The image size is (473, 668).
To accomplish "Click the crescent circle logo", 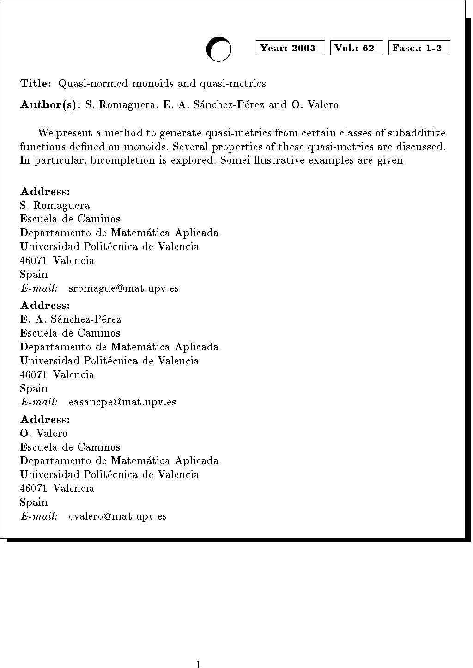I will tap(218, 49).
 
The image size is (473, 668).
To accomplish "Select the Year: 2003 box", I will tap(290, 48).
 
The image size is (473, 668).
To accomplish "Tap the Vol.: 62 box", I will tap(356, 48).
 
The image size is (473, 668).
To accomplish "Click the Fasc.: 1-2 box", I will tap(418, 48).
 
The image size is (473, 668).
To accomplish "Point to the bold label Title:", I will tap(36, 84).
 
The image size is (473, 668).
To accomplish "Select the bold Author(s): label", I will tap(50, 105).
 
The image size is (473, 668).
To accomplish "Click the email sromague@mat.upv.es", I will tap(123, 288).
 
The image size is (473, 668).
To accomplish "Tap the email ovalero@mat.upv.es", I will tap(117, 516).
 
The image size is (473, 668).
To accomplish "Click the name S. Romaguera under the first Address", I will tap(55, 206).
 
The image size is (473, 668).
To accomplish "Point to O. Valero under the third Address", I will tap(44, 434).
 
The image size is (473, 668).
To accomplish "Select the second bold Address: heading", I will tap(45, 306).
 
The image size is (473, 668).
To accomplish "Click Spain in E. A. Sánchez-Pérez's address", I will tap(34, 388).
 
